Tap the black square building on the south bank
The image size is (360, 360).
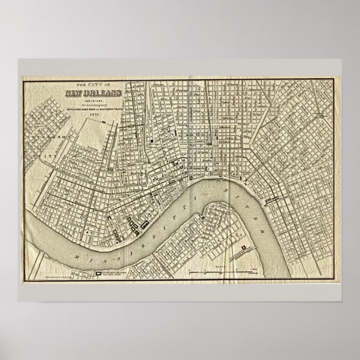tap(243, 247)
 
